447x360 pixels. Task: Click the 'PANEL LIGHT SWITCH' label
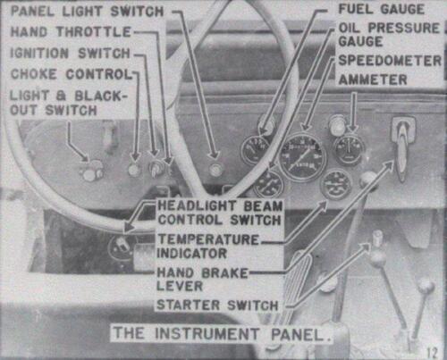87,12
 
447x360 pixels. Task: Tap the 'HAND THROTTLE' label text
71,31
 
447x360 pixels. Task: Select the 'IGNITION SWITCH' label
70,54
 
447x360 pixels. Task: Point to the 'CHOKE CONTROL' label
71,74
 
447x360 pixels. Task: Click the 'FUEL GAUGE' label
381,9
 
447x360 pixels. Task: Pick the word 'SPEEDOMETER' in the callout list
390,61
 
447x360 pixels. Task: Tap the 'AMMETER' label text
373,80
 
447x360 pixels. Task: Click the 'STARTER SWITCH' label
217,305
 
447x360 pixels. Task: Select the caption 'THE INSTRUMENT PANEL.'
223,334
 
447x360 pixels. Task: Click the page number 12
431,353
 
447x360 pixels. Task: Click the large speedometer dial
302,156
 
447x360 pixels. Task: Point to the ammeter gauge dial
349,150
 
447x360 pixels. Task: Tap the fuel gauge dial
256,149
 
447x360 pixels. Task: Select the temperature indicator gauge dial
336,185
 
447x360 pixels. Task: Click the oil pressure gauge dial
269,184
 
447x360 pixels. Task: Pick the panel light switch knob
215,170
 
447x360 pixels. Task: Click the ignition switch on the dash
155,169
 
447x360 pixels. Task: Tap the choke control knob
134,170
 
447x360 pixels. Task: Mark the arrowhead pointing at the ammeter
353,127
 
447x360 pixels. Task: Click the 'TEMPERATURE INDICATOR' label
208,247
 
